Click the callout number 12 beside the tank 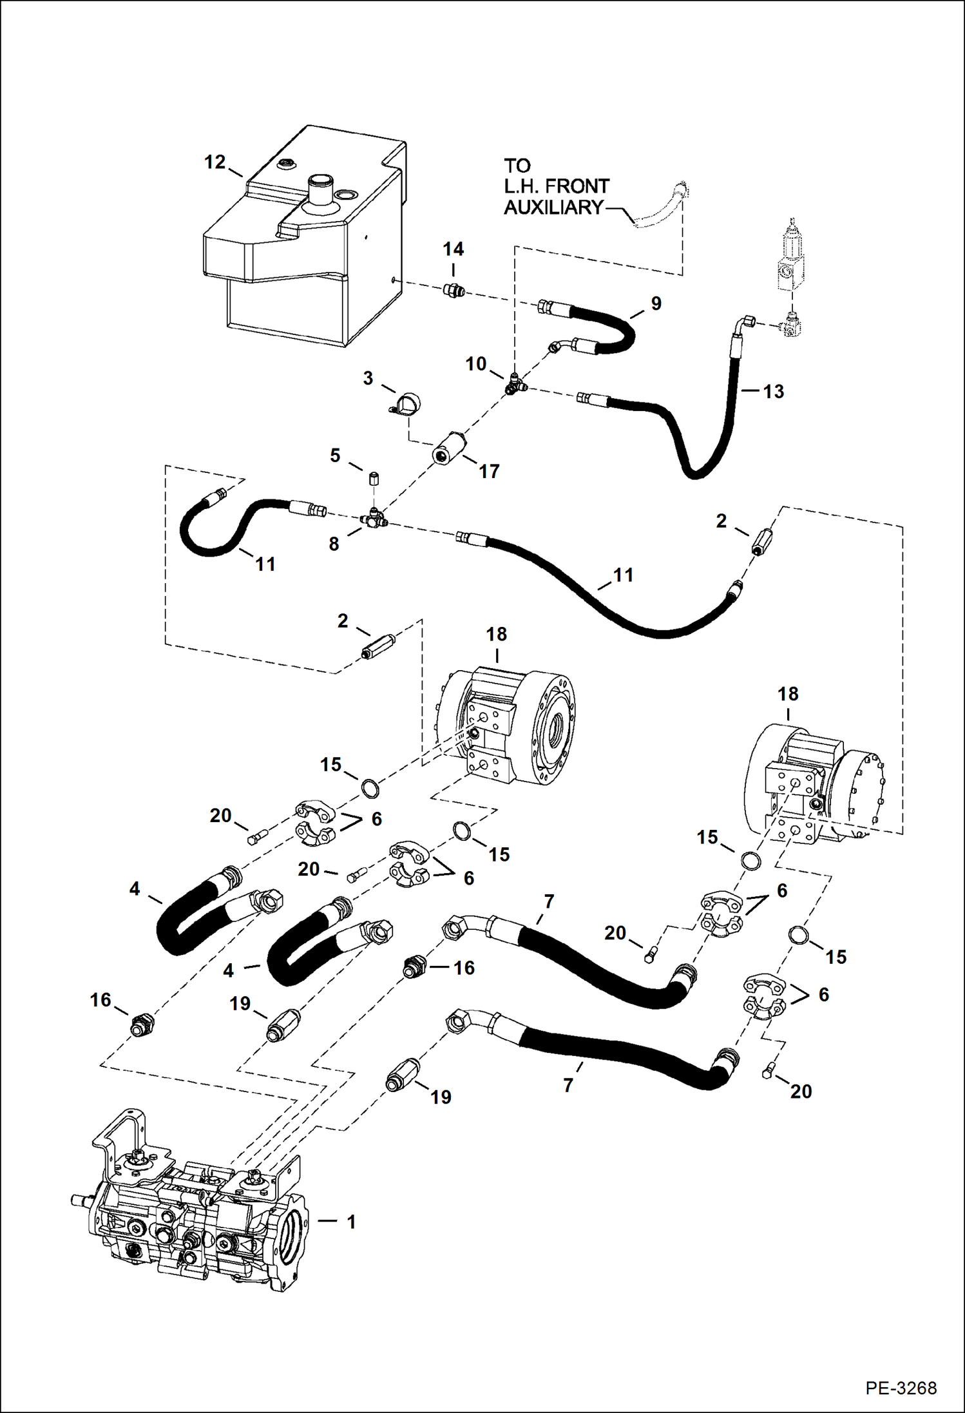215,162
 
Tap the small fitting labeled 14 455,291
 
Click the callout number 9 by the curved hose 656,303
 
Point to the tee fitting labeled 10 514,385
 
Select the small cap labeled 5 373,479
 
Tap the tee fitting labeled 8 374,517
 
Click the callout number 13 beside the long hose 773,391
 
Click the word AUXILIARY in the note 553,207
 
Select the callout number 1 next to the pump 351,1221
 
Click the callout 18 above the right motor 788,694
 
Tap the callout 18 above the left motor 496,634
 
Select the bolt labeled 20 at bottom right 767,1072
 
